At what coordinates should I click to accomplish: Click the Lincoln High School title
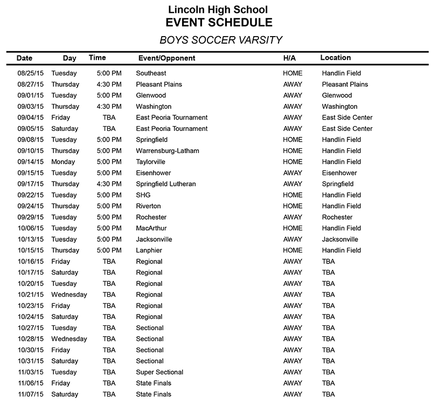coord(218,10)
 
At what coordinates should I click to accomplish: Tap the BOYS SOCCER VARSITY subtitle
coord(221,40)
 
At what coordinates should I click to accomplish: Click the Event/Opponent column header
coord(167,58)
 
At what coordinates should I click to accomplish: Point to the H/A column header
coord(289,58)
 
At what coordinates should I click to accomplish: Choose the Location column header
coord(335,58)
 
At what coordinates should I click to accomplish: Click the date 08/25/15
coord(30,73)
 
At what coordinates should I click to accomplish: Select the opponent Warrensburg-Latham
coord(168,151)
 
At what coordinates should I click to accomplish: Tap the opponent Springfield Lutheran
coord(166,184)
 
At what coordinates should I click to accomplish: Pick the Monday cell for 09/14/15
coord(63,162)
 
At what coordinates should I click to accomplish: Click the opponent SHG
coord(143,195)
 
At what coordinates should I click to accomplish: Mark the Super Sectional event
coord(159,372)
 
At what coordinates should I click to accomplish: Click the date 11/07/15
coord(30,394)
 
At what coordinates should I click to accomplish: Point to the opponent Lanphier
coord(149,250)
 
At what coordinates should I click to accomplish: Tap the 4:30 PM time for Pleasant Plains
coord(109,85)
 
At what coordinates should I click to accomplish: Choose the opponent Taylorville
coord(151,162)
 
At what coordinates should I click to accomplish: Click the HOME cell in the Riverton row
coord(293,206)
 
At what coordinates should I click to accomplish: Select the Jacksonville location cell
coord(340,240)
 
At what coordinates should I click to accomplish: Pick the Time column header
coord(97,58)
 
